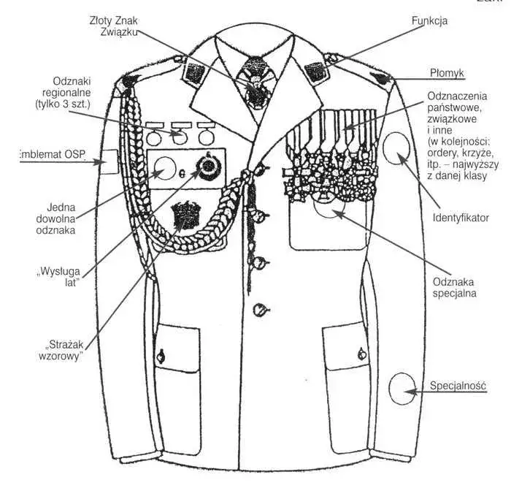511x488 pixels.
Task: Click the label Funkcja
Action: click(x=429, y=21)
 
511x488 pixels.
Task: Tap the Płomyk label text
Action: click(x=447, y=73)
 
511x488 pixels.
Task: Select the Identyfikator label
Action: click(x=461, y=218)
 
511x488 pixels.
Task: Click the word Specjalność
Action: click(x=458, y=386)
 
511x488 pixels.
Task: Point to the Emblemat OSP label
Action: click(x=53, y=154)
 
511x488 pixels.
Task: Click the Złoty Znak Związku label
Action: click(x=114, y=26)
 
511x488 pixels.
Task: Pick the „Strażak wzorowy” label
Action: click(x=61, y=351)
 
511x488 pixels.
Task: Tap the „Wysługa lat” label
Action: click(x=58, y=277)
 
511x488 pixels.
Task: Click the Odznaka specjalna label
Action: click(x=454, y=287)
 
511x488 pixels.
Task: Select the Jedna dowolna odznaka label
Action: click(x=56, y=218)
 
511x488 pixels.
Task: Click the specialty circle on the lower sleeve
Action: click(x=402, y=389)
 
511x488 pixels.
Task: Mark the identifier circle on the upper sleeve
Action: click(x=396, y=148)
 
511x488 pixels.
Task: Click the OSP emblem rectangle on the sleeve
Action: click(x=108, y=161)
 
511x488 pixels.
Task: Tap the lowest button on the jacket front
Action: click(x=260, y=309)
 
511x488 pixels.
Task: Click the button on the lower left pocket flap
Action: click(x=161, y=356)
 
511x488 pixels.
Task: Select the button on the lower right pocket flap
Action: click(x=362, y=354)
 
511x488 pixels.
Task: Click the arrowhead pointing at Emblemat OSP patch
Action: click(x=97, y=161)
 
